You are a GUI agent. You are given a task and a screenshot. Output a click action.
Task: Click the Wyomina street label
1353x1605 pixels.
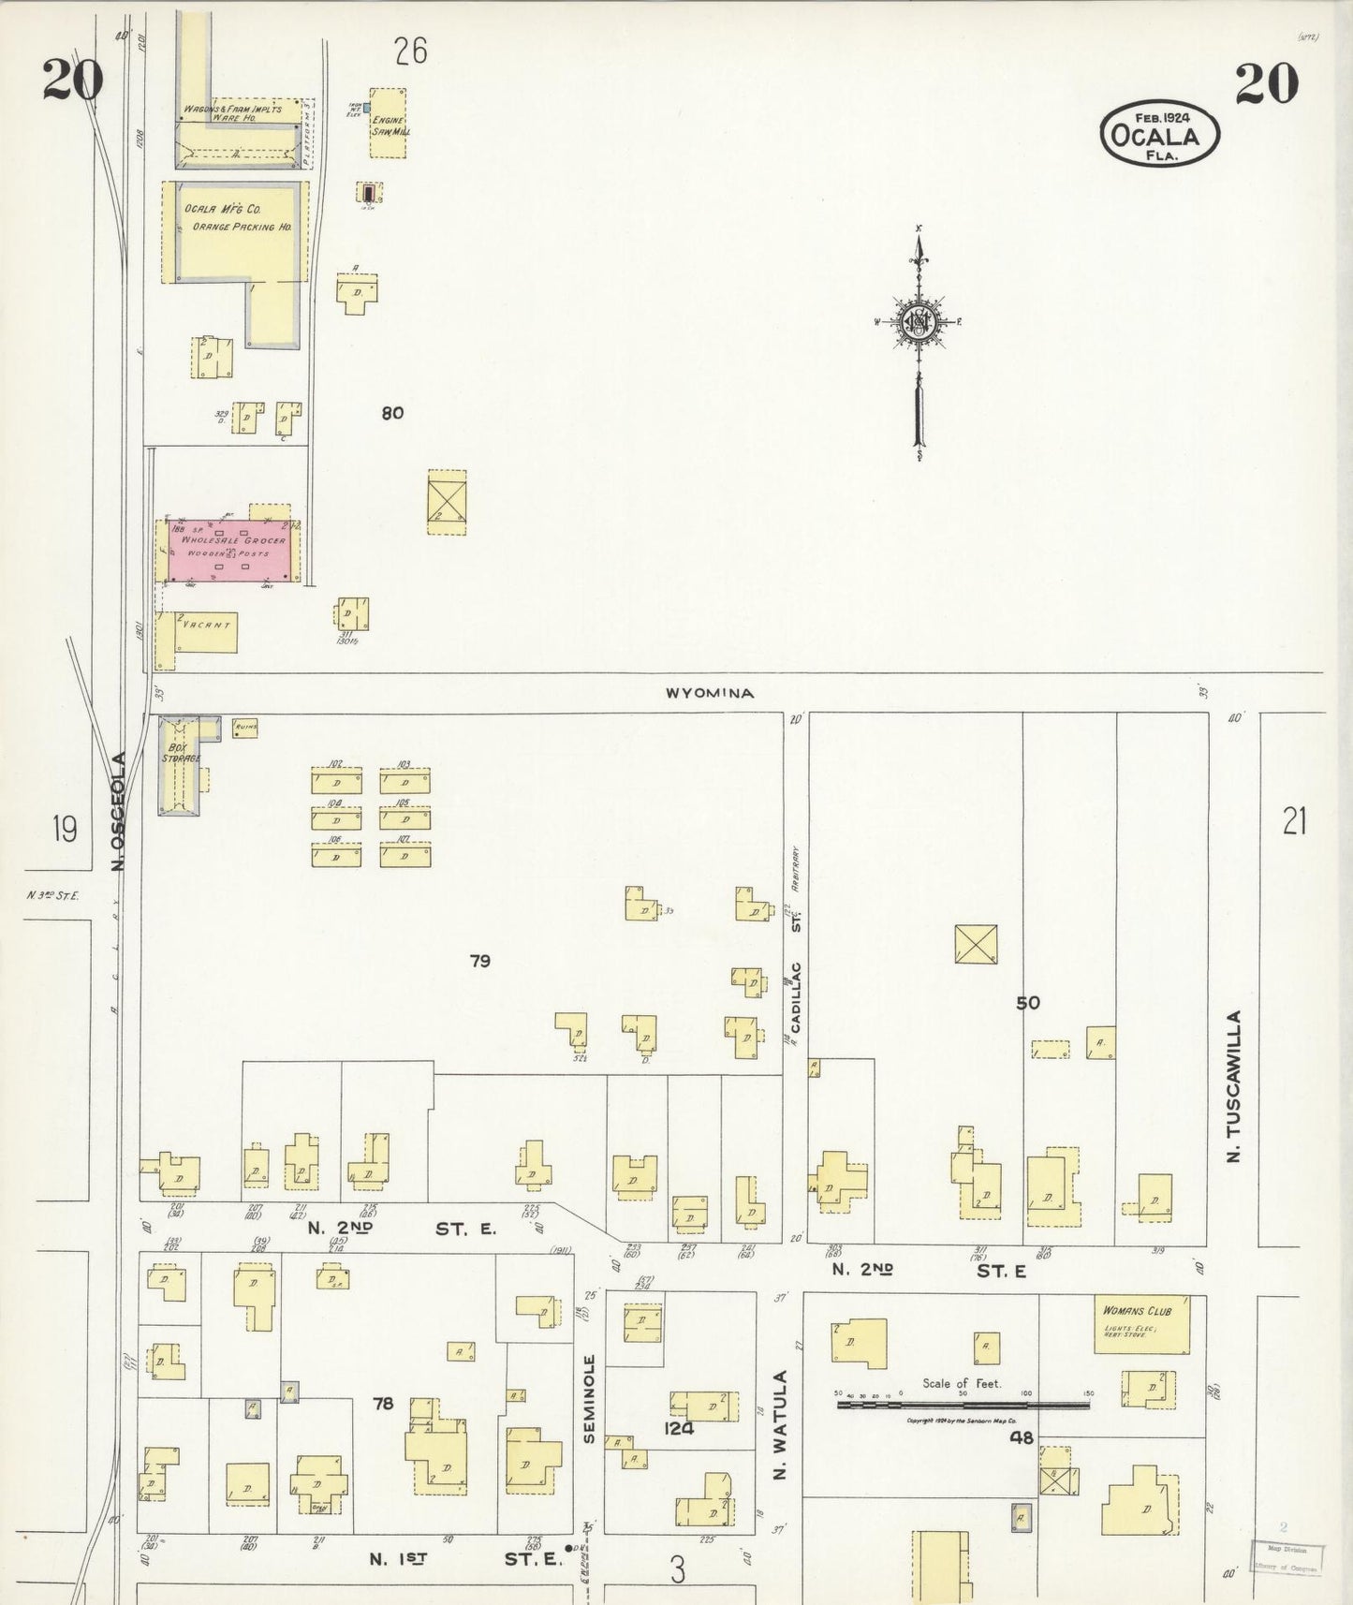click(710, 694)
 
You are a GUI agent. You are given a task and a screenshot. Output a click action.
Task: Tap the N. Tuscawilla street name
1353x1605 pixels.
click(1233, 1086)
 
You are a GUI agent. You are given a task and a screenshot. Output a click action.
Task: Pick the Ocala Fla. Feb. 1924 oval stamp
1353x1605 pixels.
click(1160, 137)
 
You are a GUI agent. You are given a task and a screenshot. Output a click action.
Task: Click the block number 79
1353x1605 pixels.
click(480, 961)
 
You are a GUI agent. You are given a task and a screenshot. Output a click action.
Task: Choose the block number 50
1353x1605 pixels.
click(1028, 1003)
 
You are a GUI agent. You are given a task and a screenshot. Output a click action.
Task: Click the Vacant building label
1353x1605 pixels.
click(206, 626)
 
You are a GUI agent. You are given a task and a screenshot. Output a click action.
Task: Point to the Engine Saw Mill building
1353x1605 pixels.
click(388, 125)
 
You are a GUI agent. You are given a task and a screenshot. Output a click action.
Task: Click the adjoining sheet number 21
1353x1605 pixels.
click(1294, 822)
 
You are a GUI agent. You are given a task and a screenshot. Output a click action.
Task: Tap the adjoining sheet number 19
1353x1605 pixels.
click(65, 829)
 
